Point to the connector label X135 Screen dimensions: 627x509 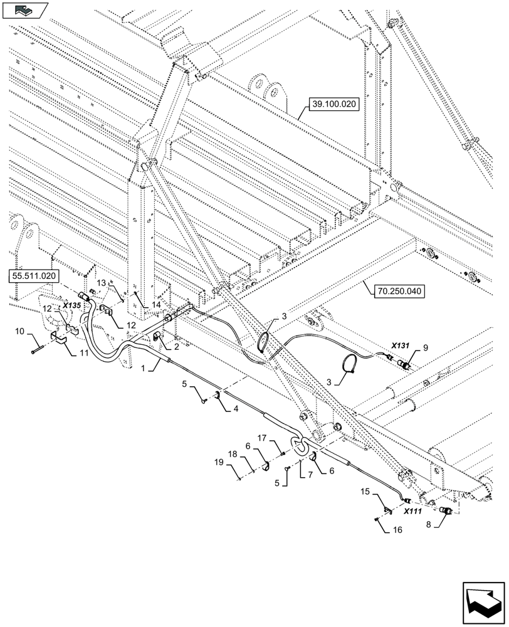point(71,305)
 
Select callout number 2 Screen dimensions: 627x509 point(177,345)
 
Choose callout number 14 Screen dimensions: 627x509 point(155,304)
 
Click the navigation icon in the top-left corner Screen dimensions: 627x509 point(24,9)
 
